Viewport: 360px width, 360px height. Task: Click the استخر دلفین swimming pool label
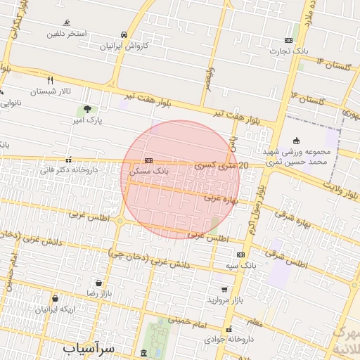[67, 34]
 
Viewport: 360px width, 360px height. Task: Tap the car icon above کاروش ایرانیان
[124, 34]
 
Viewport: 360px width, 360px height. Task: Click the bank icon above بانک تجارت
[289, 40]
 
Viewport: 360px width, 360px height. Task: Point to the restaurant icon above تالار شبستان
[50, 80]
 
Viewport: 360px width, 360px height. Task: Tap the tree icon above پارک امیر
[87, 109]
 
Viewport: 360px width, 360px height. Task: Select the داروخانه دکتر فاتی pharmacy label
[68, 169]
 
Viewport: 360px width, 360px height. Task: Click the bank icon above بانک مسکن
[148, 160]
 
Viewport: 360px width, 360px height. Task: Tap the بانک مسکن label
[150, 171]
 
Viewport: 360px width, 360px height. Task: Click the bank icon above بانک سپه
[241, 255]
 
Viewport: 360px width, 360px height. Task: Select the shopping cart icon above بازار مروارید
[224, 289]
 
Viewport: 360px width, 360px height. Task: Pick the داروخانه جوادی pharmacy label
[227, 339]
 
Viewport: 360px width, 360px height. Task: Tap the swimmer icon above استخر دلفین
[67, 22]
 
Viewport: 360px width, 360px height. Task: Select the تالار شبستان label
[52, 91]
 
